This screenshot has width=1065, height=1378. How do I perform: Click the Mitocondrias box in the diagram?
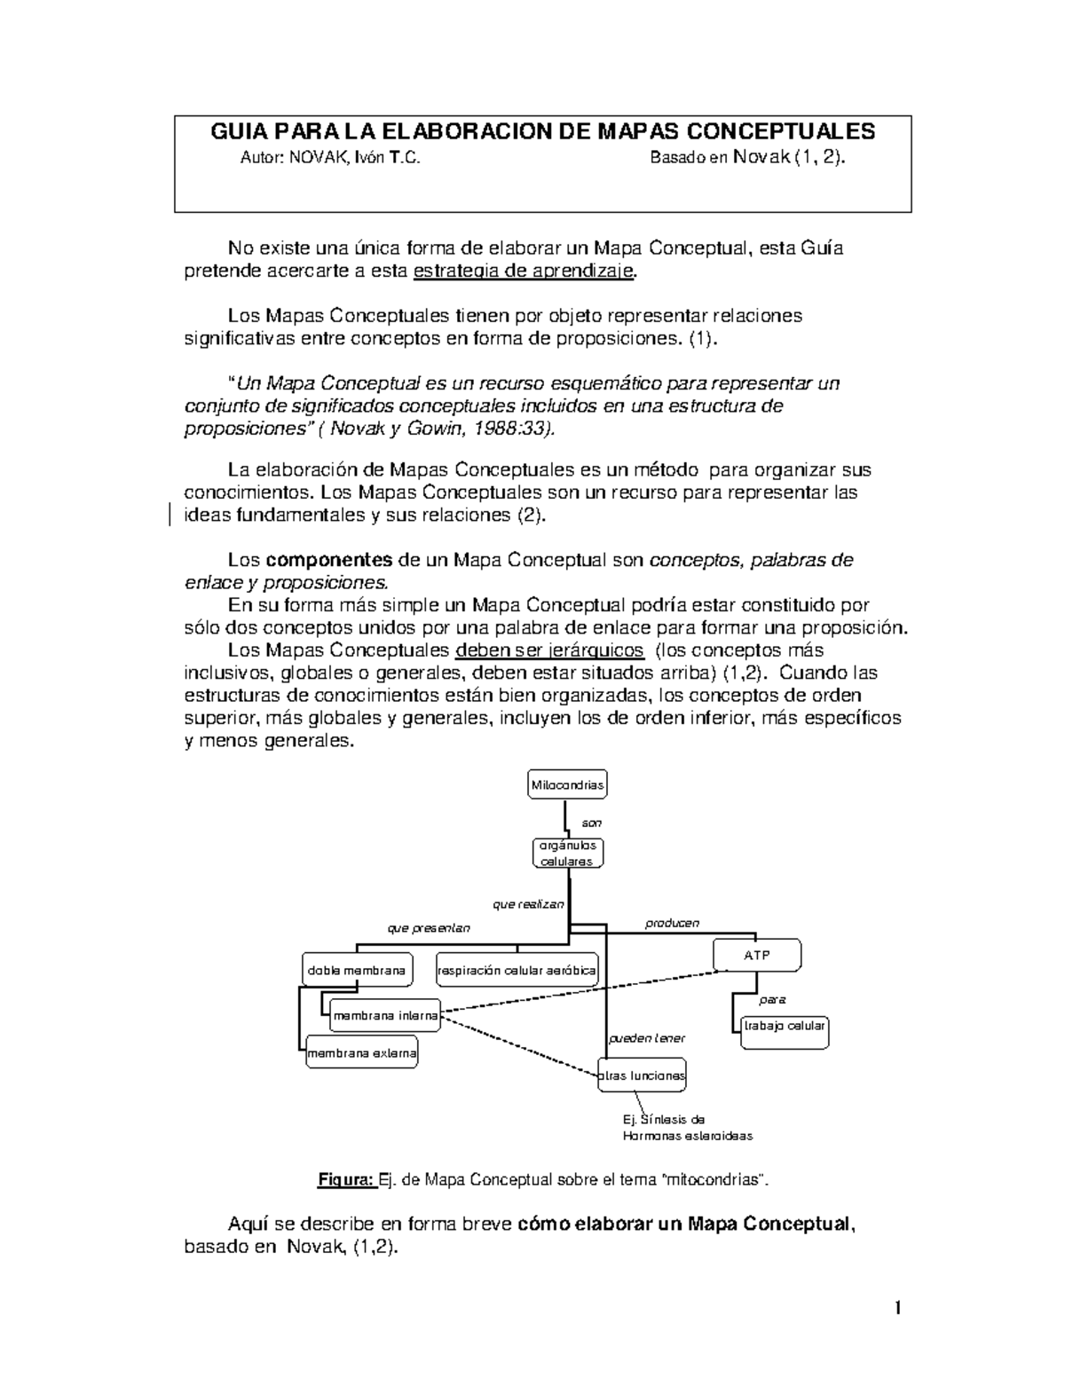tap(567, 784)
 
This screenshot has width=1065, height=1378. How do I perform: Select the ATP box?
tap(757, 955)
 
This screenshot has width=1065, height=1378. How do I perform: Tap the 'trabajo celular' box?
tap(785, 1026)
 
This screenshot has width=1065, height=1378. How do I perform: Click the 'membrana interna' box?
tap(385, 1016)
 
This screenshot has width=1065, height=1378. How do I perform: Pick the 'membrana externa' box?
tap(361, 1054)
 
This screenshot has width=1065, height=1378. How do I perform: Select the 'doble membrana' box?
tap(356, 971)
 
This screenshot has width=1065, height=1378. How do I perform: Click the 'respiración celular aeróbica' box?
tap(517, 971)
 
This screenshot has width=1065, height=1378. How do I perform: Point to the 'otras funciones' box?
tap(643, 1075)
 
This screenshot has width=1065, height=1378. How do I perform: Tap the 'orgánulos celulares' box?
tap(568, 854)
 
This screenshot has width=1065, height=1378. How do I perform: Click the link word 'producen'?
tap(672, 923)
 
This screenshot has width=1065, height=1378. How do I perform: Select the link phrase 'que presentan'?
tap(429, 928)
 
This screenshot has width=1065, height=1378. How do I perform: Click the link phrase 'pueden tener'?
tap(646, 1038)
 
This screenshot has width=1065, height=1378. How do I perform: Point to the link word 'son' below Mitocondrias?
tap(591, 823)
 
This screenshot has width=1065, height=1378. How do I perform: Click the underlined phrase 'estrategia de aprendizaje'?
tap(525, 272)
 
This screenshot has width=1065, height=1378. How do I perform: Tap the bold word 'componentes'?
tap(329, 560)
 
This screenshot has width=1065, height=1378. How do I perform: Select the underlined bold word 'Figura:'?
tap(346, 1180)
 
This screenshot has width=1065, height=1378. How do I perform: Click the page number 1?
tap(898, 1308)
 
